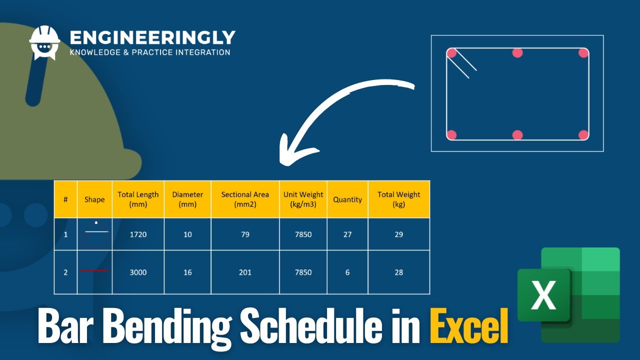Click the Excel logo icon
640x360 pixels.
pyautogui.click(x=568, y=295)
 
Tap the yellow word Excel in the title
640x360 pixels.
pyautogui.click(x=468, y=325)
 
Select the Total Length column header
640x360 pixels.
pyautogui.click(x=138, y=199)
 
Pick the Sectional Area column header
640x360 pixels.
pyautogui.click(x=245, y=199)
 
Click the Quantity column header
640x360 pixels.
pyautogui.click(x=347, y=199)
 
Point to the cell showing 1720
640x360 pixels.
pyautogui.click(x=138, y=234)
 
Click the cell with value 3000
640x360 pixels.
pyautogui.click(x=138, y=272)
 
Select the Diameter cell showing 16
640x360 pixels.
pyautogui.click(x=187, y=272)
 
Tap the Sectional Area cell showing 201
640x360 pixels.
pyautogui.click(x=245, y=272)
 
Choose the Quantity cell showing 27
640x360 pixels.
pyautogui.click(x=347, y=234)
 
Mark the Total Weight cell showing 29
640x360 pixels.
pyautogui.click(x=398, y=234)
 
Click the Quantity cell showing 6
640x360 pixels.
pyautogui.click(x=347, y=272)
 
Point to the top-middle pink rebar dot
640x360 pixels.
pyautogui.click(x=517, y=53)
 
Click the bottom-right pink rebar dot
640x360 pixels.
pyautogui.click(x=583, y=134)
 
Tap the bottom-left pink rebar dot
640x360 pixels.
pyautogui.click(x=451, y=134)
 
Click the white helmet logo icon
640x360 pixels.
pyautogui.click(x=44, y=42)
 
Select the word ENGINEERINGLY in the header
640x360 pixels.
pyautogui.click(x=152, y=38)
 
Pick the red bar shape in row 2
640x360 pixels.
pyautogui.click(x=94, y=270)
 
